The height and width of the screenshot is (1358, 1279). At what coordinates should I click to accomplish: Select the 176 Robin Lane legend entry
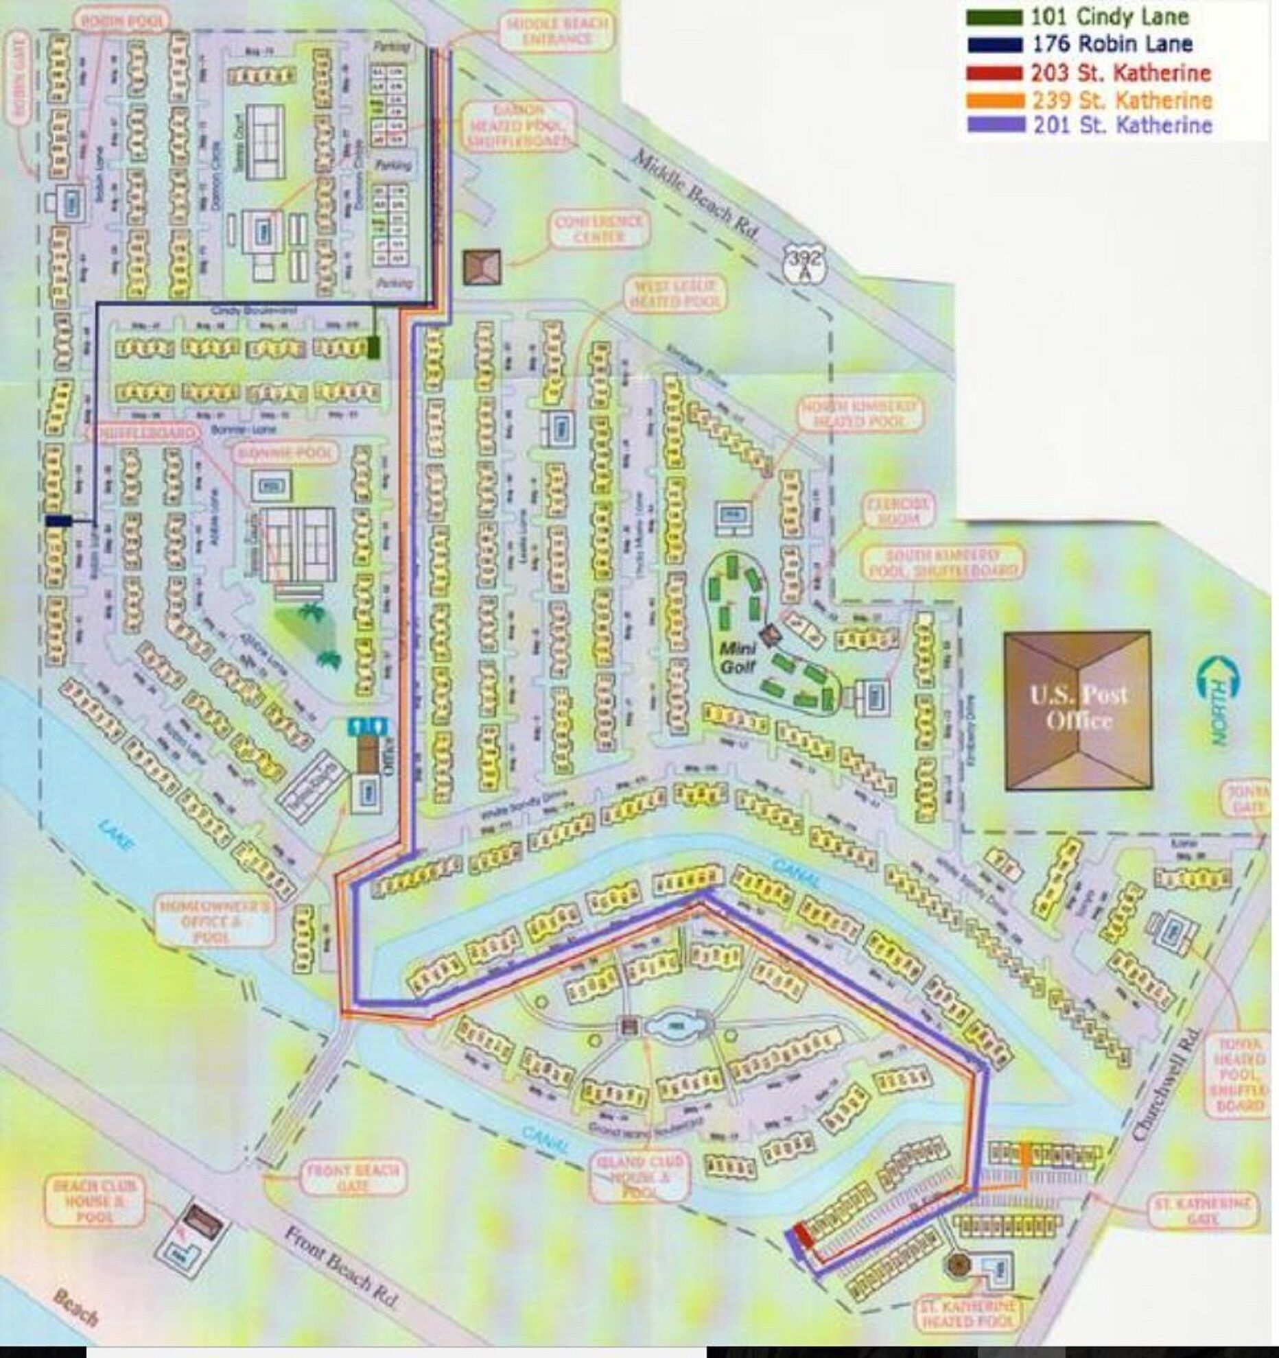(x=1112, y=45)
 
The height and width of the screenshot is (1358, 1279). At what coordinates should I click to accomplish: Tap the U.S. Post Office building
(x=1077, y=709)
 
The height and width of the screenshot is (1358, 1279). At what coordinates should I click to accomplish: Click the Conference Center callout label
(x=599, y=230)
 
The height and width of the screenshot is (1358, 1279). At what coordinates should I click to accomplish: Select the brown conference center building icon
(x=482, y=267)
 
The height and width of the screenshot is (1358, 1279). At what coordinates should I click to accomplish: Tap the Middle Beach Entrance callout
(x=556, y=32)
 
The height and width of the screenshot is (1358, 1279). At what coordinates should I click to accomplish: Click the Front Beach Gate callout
(x=352, y=1178)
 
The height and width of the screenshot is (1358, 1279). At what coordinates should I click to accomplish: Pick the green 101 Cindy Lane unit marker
(x=373, y=347)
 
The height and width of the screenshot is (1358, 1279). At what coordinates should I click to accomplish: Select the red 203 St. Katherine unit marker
(x=803, y=1237)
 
